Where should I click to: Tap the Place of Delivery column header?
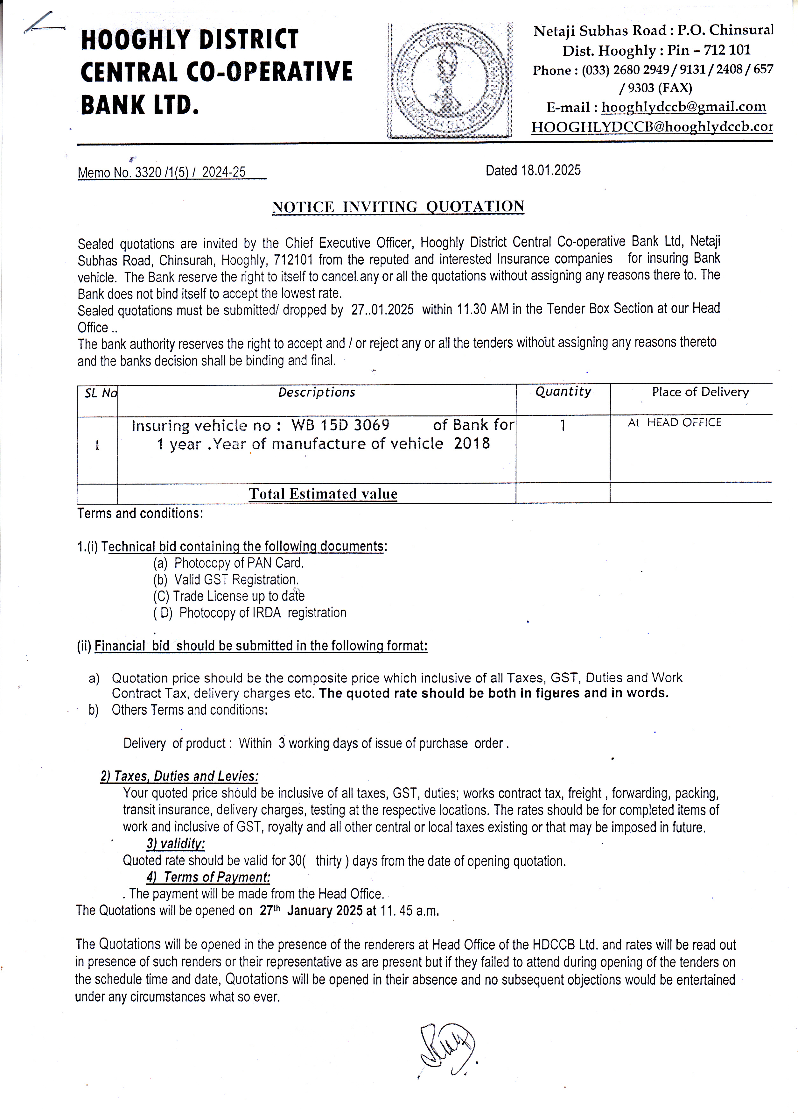point(700,392)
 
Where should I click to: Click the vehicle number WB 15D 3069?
point(340,424)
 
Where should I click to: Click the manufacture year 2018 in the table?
point(471,443)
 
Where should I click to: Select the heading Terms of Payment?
point(208,877)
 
